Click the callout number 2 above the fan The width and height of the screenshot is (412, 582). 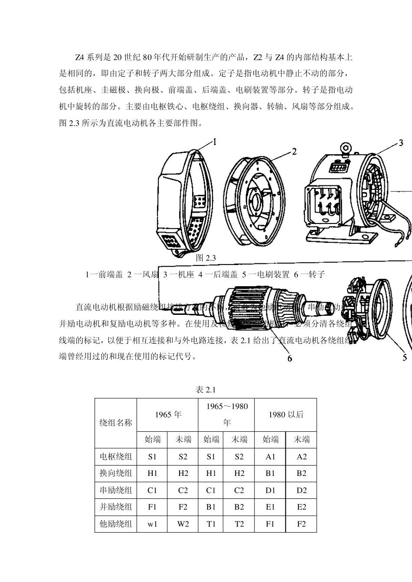(x=294, y=152)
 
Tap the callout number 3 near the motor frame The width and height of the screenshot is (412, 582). (x=401, y=143)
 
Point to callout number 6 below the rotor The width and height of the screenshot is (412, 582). (x=289, y=358)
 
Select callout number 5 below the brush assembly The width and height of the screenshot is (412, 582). (x=405, y=357)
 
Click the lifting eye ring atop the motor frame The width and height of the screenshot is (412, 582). (x=346, y=149)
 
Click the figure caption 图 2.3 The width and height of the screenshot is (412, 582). (x=206, y=258)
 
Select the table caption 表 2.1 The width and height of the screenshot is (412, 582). (x=206, y=390)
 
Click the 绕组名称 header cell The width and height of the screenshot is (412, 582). (x=116, y=423)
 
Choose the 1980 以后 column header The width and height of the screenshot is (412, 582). (x=286, y=414)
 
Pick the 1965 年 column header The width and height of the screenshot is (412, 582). (x=168, y=414)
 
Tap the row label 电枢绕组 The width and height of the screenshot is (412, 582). (x=116, y=456)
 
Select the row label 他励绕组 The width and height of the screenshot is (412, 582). (x=116, y=524)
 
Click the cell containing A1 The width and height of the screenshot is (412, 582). (x=271, y=456)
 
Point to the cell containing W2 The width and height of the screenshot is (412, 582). (x=183, y=524)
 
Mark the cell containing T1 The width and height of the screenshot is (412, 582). (x=211, y=524)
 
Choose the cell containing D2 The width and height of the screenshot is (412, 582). (x=301, y=490)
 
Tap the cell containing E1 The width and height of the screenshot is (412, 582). (x=271, y=507)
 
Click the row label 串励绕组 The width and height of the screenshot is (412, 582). (x=116, y=490)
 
